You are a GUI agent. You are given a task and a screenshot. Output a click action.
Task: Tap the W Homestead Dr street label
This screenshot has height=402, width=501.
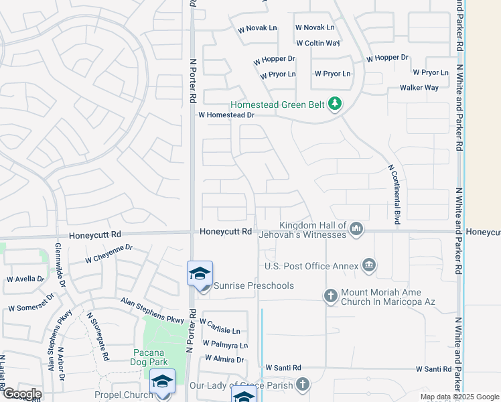(x=227, y=115)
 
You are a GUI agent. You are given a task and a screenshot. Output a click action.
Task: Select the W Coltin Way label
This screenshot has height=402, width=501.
(x=317, y=43)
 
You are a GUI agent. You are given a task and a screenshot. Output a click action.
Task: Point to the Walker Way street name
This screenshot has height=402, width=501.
(x=419, y=88)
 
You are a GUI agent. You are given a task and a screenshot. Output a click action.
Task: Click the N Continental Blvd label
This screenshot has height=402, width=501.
(x=390, y=194)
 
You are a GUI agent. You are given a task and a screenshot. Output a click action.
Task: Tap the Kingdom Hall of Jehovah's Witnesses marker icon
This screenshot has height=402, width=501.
(x=356, y=230)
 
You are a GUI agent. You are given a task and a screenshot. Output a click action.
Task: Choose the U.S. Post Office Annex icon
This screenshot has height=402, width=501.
(x=368, y=266)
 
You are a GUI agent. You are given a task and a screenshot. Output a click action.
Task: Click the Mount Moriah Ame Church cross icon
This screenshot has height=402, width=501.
(x=330, y=295)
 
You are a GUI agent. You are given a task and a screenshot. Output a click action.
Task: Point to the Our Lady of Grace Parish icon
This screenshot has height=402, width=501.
(x=303, y=385)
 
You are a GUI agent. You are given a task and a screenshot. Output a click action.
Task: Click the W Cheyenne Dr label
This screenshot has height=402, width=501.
(x=109, y=253)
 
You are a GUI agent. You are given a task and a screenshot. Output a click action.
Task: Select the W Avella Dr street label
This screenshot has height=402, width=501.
(x=25, y=279)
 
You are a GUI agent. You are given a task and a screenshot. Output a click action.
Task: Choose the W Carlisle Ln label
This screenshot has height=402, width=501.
(x=220, y=331)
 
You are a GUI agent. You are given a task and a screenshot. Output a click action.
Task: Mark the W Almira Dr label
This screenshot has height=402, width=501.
(x=224, y=360)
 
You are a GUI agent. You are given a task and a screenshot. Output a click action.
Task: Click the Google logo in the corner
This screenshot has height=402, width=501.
(x=21, y=393)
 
